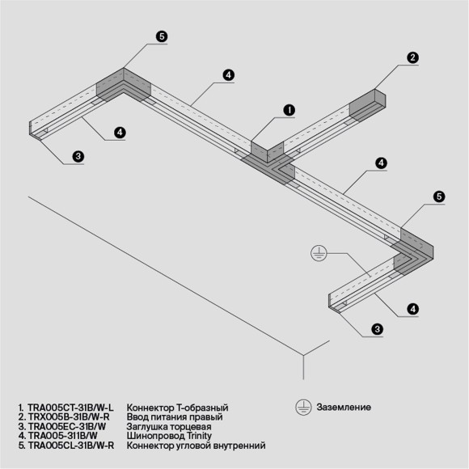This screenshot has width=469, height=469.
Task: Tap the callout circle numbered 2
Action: pos(412,57)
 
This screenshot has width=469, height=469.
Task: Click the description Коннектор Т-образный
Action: pos(178,408)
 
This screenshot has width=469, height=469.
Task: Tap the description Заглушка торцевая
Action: pos(169,426)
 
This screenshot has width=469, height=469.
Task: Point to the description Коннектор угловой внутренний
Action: pos(196,446)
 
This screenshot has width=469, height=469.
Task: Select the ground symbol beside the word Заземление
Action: pos(304,406)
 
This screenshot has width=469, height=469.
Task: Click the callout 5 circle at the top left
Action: pos(161,36)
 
